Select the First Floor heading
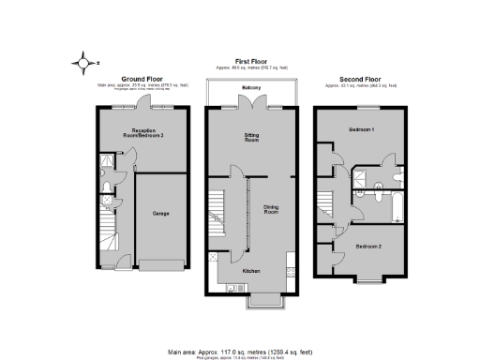pyautogui.click(x=250, y=58)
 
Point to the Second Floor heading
pyautogui.click(x=361, y=79)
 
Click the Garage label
pyautogui.click(x=160, y=213)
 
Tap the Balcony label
pyautogui.click(x=250, y=87)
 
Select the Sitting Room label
pyautogui.click(x=250, y=139)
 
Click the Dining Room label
pyautogui.click(x=272, y=211)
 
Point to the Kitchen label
pyautogui.click(x=251, y=272)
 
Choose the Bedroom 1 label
pyautogui.click(x=361, y=128)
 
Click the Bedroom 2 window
pyautogui.click(x=367, y=279)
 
